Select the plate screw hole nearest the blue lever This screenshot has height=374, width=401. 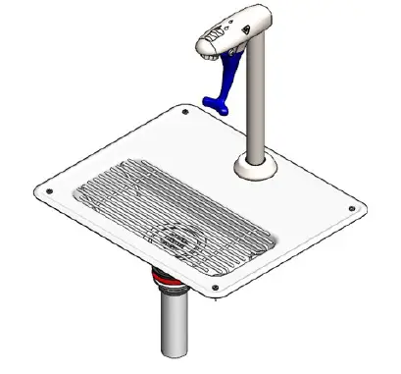point(186,113)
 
